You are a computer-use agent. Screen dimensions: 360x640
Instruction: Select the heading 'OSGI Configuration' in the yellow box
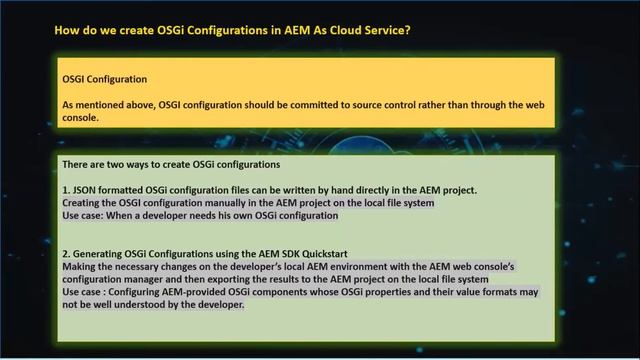click(105, 78)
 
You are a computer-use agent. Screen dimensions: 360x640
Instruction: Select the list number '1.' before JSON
click(66, 189)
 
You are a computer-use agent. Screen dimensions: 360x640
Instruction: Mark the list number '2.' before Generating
click(66, 254)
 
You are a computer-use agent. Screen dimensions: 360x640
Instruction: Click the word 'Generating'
click(104, 254)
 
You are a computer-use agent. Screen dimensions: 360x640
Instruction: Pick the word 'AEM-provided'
click(196, 293)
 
